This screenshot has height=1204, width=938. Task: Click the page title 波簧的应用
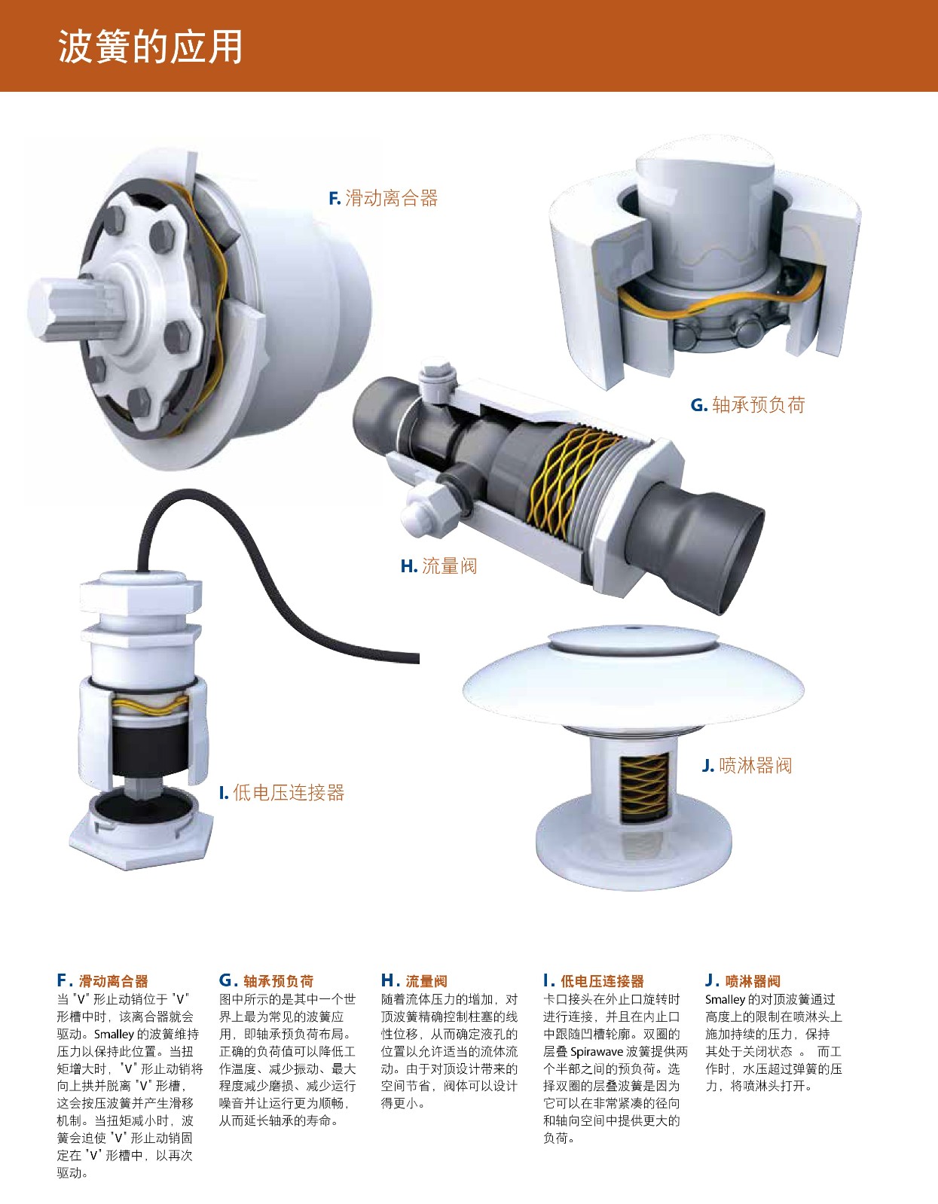pyautogui.click(x=150, y=47)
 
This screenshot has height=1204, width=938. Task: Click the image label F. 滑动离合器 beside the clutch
pyautogui.click(x=383, y=198)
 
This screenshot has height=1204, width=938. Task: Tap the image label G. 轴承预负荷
pyautogui.click(x=748, y=405)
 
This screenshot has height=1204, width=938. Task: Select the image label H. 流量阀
pyautogui.click(x=438, y=565)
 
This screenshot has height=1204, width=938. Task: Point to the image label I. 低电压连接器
pyautogui.click(x=282, y=793)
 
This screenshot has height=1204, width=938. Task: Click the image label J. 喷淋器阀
pyautogui.click(x=747, y=766)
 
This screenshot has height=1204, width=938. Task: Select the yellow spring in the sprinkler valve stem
pyautogui.click(x=643, y=787)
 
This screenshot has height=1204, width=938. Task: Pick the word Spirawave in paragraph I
pyautogui.click(x=596, y=1052)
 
